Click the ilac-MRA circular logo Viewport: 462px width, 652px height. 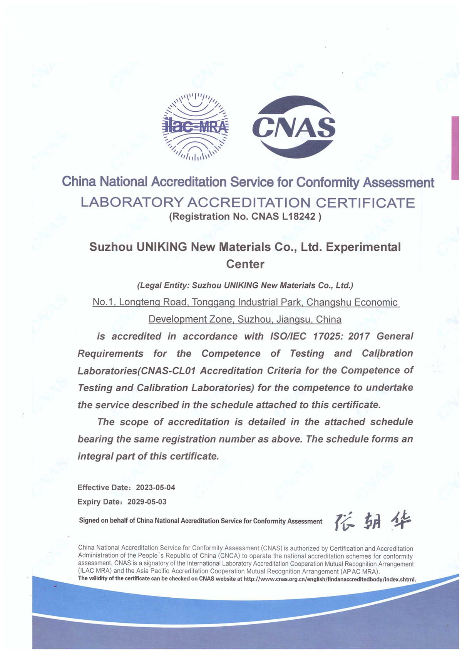click(195, 127)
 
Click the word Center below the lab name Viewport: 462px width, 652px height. click(245, 264)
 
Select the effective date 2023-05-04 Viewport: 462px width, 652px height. click(156, 488)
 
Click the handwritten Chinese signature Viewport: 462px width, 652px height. click(372, 521)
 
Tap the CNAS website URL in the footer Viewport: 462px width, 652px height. click(330, 579)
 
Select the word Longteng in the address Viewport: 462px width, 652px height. click(139, 302)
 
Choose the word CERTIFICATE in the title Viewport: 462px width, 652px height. click(365, 203)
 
